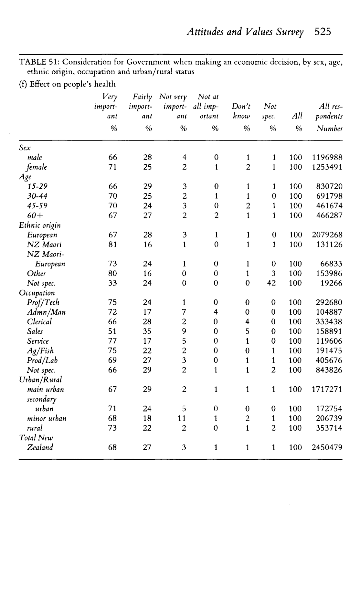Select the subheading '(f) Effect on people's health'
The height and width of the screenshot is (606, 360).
[x=67, y=84]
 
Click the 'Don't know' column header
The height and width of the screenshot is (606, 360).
[x=241, y=111]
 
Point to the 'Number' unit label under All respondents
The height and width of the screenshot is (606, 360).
[x=329, y=129]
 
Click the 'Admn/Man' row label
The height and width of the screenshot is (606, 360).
[x=46, y=312]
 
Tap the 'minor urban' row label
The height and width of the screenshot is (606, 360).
[x=47, y=418]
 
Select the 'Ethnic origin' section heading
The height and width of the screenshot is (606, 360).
[x=40, y=225]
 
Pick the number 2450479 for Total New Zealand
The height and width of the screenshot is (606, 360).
[x=327, y=447]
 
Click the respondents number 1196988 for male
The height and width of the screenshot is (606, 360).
[x=327, y=157]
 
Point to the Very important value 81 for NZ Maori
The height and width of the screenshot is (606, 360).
[x=112, y=245]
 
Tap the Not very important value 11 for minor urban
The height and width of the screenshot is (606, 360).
[x=182, y=418]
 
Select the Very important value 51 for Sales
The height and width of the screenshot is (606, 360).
[x=112, y=331]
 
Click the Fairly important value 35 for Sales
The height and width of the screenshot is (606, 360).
[x=147, y=331]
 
